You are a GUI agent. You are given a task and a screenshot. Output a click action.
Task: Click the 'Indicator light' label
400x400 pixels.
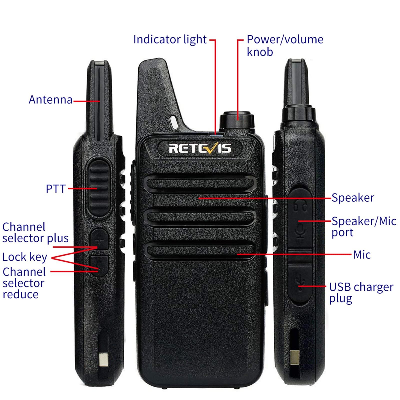[170, 39]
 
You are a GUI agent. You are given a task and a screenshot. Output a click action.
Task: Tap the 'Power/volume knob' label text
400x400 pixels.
[285, 45]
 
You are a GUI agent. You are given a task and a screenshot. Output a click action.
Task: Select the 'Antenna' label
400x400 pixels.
[50, 99]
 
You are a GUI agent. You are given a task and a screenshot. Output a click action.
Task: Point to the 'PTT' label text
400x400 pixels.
[56, 189]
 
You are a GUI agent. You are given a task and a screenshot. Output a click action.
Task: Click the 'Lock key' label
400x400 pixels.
[24, 257]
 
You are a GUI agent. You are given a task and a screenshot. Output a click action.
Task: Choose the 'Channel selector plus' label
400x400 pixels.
[35, 232]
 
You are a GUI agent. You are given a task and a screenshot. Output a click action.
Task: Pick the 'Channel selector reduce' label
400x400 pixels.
[24, 283]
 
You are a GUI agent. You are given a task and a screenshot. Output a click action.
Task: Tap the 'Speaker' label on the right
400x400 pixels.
[352, 198]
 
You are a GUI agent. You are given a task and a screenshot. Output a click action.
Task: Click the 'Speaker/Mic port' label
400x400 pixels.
[363, 226]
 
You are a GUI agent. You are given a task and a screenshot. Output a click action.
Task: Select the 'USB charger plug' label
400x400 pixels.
[361, 292]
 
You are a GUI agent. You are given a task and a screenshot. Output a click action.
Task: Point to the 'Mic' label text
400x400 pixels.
[362, 255]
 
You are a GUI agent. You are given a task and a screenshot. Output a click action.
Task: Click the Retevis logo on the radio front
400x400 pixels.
[200, 148]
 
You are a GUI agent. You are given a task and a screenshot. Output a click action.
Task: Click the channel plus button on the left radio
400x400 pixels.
[99, 239]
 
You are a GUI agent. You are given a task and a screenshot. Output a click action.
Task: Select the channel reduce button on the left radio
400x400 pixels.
[99, 265]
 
